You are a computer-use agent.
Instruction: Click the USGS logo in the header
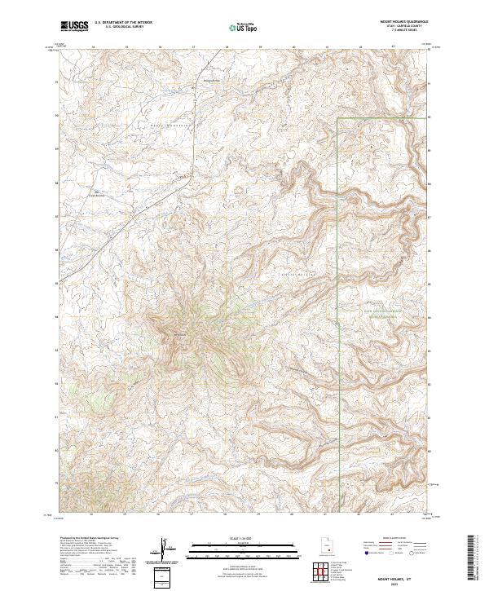pos(74,27)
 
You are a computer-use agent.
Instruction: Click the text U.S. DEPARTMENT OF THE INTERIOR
pos(123,22)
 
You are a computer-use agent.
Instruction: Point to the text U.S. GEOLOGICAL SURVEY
pos(123,27)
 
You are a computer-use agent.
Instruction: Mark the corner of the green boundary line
pos(338,119)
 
